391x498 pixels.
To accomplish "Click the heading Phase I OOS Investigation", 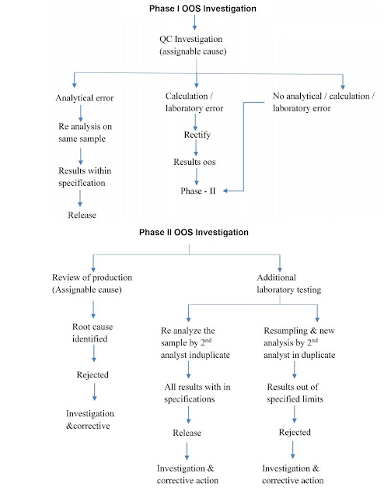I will pos(197,8).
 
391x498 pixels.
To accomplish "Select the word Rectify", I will pos(197,135).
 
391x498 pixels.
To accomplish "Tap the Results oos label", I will pos(197,163).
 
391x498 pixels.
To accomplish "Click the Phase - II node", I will pos(197,191).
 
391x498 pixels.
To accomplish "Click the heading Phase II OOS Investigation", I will pos(197,232).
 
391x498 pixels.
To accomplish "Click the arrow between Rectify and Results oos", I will pos(197,149).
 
